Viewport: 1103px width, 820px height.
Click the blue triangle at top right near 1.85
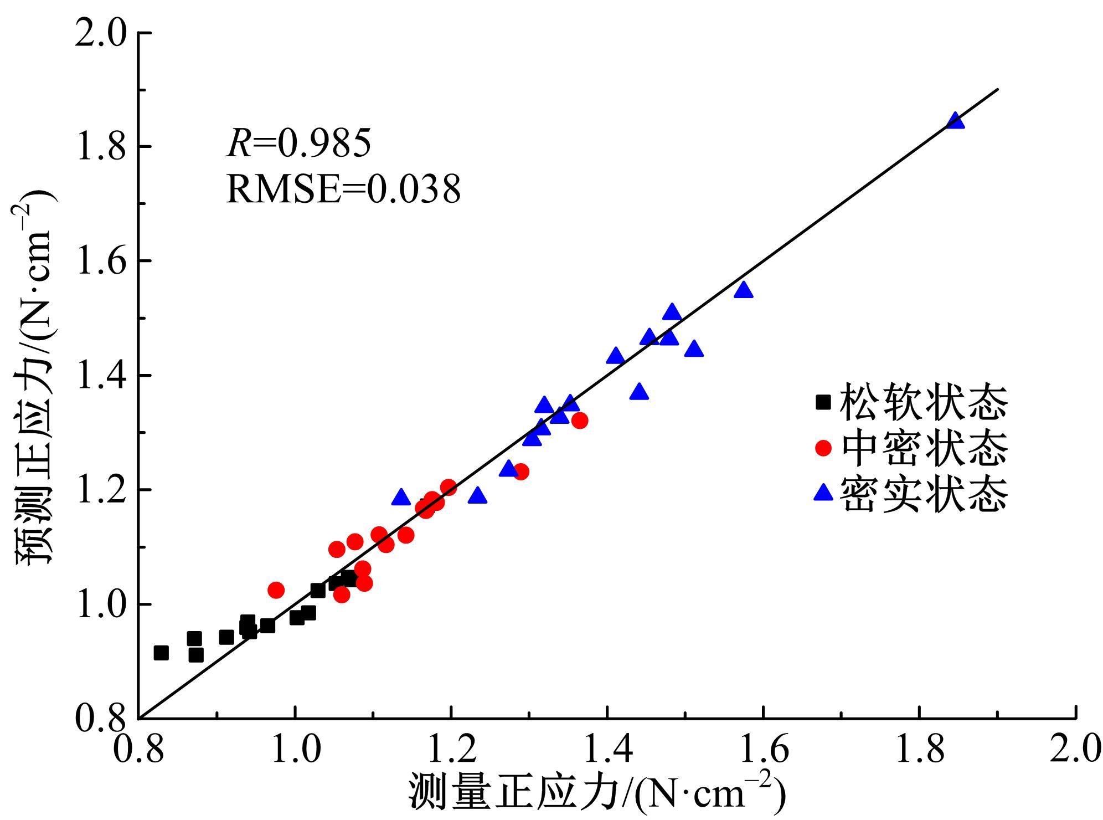[x=955, y=121]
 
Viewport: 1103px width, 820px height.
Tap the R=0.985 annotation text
[x=298, y=143]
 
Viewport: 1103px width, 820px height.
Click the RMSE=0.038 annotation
[x=343, y=189]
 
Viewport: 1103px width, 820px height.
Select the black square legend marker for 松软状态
[x=823, y=402]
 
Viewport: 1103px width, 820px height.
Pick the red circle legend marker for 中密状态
[x=823, y=448]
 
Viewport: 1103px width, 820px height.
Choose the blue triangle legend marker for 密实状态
[x=823, y=493]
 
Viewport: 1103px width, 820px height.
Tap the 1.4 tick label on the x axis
[x=608, y=749]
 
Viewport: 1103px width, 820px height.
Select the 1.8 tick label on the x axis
[x=919, y=749]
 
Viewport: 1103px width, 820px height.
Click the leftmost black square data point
[x=161, y=653]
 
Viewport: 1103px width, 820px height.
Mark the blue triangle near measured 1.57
[x=743, y=290]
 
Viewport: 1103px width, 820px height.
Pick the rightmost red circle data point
[x=580, y=421]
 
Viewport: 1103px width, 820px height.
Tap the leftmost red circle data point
[x=276, y=590]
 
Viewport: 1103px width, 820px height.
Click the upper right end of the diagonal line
[x=997, y=89]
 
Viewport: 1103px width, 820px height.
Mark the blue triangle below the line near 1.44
[x=639, y=392]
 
